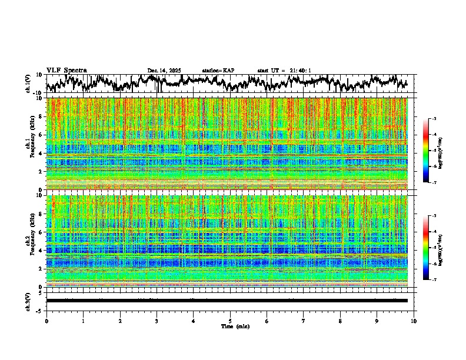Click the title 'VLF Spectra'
(x=66, y=70)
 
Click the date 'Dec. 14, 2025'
(x=164, y=71)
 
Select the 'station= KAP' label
(x=218, y=71)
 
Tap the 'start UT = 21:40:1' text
(x=284, y=71)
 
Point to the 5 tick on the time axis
(x=230, y=321)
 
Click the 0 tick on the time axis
(x=46, y=321)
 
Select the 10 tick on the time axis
(x=414, y=321)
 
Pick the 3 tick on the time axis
(x=157, y=321)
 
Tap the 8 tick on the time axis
(x=340, y=321)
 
